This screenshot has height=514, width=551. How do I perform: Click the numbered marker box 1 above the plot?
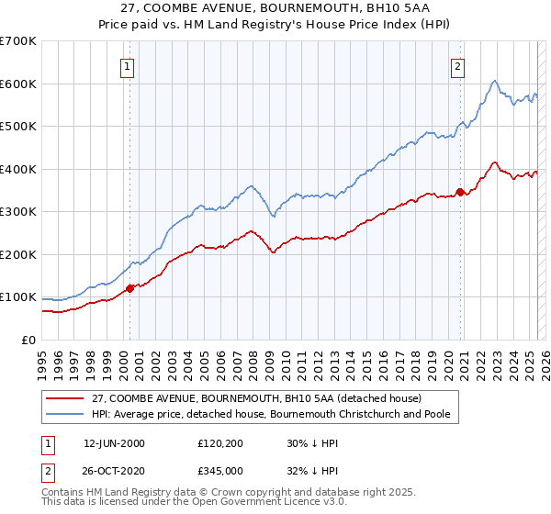tap(127, 66)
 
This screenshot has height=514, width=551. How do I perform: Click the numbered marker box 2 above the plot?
tap(457, 66)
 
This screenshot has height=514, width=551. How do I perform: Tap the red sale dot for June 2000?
tap(129, 288)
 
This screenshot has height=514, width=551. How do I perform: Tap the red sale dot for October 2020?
tap(461, 193)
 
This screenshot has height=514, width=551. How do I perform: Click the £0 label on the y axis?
tap(29, 340)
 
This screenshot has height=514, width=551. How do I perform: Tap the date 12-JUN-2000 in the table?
tap(114, 443)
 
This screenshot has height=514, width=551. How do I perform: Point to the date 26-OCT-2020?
tap(114, 470)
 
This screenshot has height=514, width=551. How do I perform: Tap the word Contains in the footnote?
tap(64, 493)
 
